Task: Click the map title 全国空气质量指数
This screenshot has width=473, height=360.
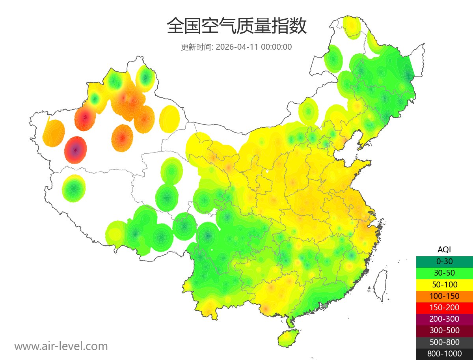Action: click(x=236, y=26)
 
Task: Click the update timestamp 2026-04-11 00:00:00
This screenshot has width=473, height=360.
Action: click(x=254, y=47)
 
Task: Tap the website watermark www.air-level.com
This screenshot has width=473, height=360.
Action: click(x=61, y=346)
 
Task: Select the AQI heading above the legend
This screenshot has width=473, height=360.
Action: click(x=444, y=250)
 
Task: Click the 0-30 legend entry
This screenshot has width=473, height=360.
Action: click(x=444, y=261)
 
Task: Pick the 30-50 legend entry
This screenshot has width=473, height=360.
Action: click(x=444, y=273)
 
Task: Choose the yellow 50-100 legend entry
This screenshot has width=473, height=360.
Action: click(x=444, y=284)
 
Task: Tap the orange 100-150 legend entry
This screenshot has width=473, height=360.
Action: click(x=444, y=296)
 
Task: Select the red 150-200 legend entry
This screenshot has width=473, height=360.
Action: click(x=444, y=307)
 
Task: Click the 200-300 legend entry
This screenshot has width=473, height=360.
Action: click(x=444, y=319)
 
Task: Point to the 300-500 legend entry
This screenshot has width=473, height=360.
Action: click(x=444, y=330)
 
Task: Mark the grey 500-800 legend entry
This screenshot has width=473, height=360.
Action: click(x=444, y=342)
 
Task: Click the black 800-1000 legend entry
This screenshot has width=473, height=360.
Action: click(x=444, y=354)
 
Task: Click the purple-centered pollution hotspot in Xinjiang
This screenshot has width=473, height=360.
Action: click(x=76, y=150)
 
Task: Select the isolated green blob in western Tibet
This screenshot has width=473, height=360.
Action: click(x=74, y=188)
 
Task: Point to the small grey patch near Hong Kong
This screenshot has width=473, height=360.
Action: click(x=325, y=305)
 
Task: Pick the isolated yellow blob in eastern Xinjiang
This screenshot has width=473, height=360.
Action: click(x=170, y=118)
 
